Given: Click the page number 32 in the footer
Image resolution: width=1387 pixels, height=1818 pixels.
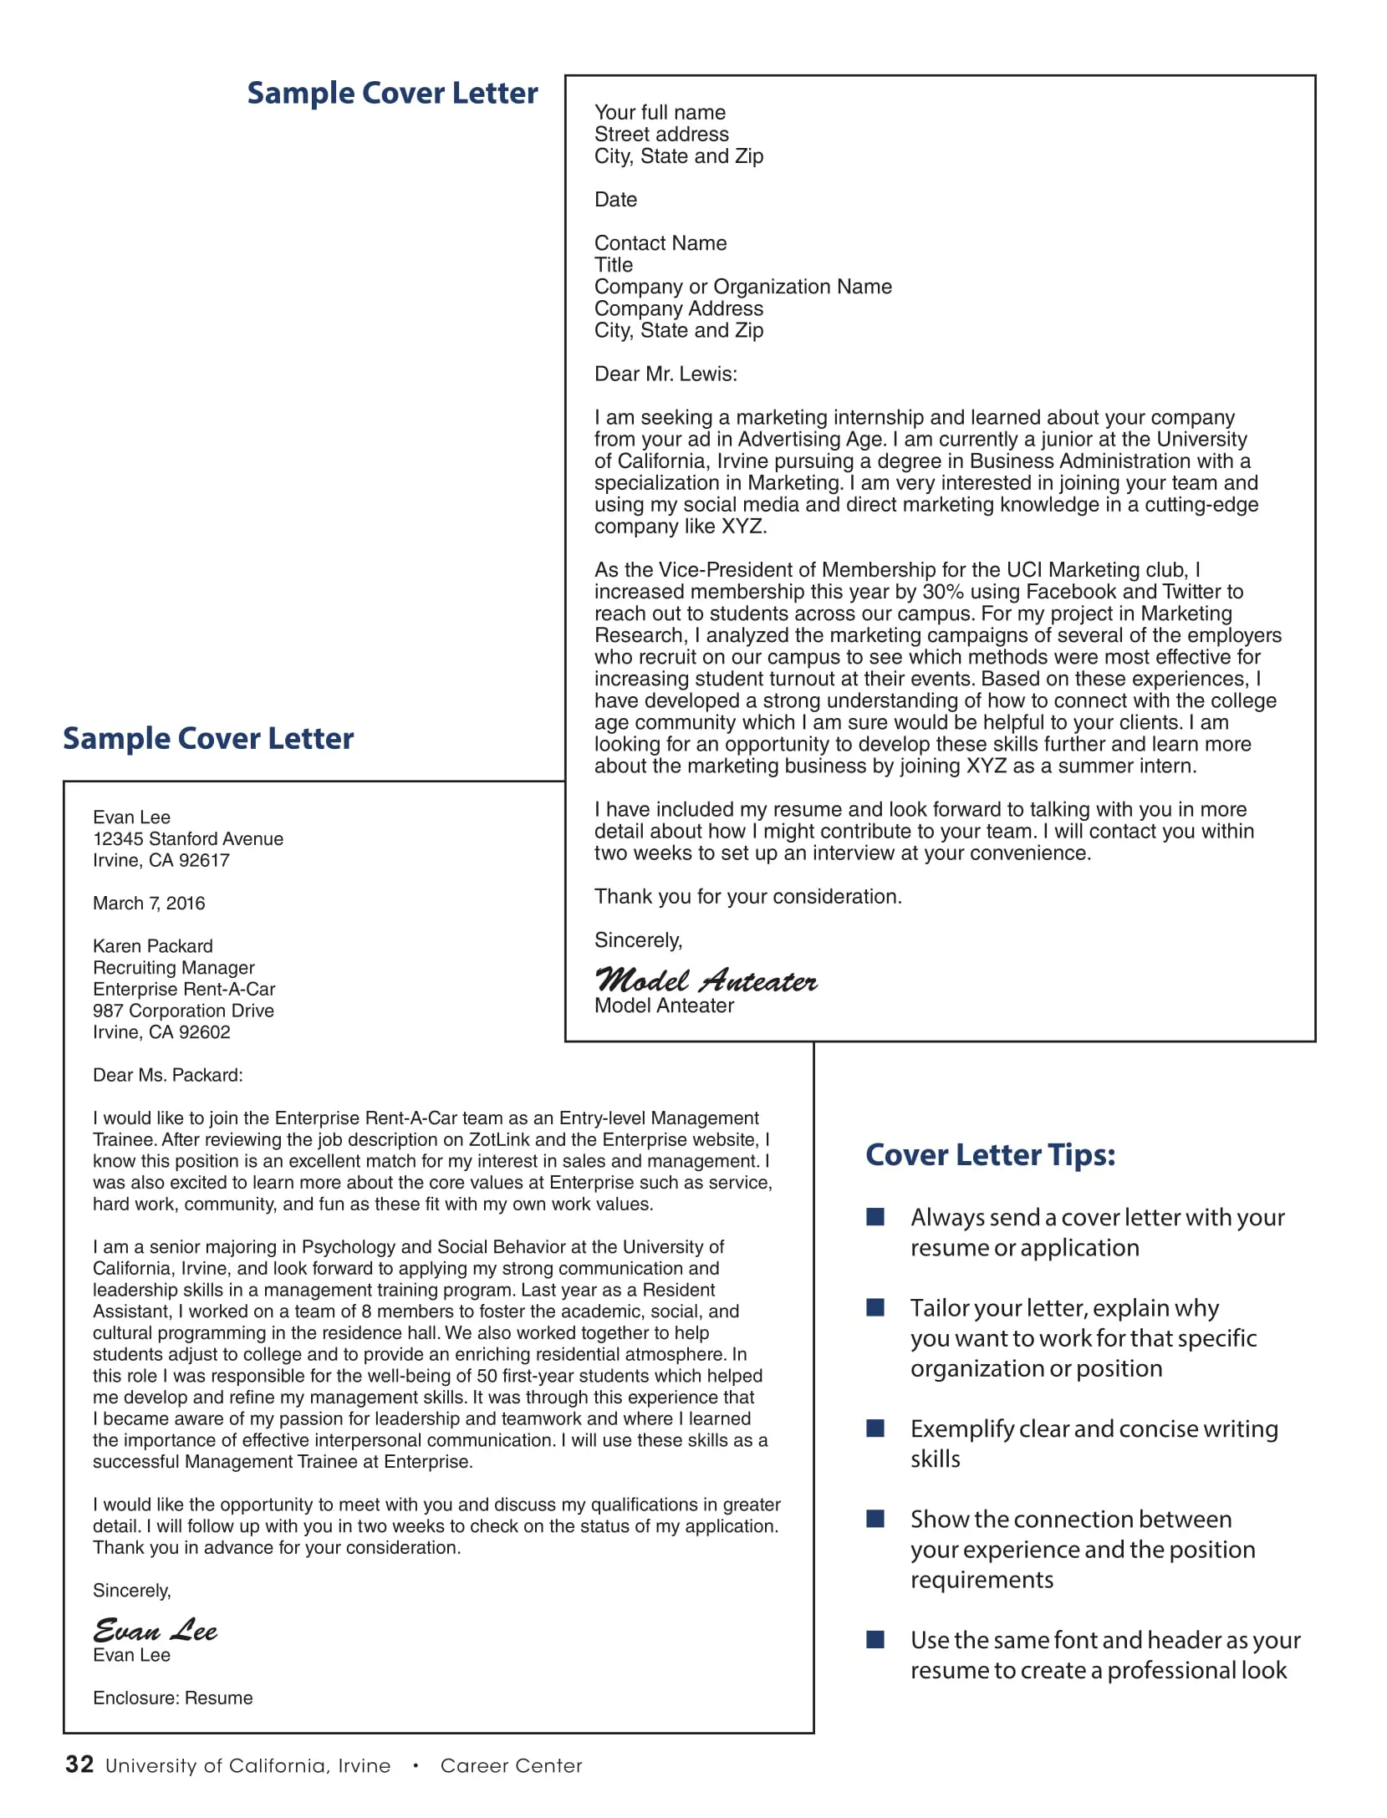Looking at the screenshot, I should click(x=79, y=1764).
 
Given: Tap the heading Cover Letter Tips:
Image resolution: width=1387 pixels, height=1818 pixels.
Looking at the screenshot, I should click(x=990, y=1154).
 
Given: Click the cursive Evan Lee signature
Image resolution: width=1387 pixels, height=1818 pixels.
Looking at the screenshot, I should click(x=155, y=1630).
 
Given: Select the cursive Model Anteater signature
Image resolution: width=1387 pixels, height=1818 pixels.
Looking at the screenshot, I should click(x=706, y=980).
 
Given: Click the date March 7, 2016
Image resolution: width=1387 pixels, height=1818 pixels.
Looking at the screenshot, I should click(x=149, y=903).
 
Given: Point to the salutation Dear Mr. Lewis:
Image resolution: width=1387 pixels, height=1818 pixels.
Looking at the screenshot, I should click(x=665, y=374).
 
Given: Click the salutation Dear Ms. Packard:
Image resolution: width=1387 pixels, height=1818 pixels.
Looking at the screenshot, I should click(x=167, y=1075).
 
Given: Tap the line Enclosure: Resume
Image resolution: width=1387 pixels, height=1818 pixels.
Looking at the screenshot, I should click(x=172, y=1698).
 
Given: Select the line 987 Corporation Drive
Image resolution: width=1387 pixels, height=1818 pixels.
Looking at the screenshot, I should click(x=183, y=1011).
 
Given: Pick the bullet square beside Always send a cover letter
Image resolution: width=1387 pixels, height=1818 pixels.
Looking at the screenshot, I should click(x=875, y=1217).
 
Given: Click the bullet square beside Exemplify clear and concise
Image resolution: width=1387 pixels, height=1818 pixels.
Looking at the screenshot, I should click(x=875, y=1428).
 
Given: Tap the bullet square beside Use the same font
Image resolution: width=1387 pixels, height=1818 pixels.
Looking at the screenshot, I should click(x=875, y=1639).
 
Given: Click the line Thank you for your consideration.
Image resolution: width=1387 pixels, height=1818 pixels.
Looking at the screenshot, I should click(x=747, y=896).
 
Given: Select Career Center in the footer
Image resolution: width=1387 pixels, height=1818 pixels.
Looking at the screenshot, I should click(x=511, y=1765).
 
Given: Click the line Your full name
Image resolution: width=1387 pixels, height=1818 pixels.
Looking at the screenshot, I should click(x=660, y=112).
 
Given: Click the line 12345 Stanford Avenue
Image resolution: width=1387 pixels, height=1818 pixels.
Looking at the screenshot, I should click(x=187, y=838).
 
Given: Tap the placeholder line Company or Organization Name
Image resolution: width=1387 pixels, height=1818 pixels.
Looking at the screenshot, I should click(x=742, y=287).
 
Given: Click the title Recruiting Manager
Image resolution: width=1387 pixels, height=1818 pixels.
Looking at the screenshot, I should click(x=173, y=967).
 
